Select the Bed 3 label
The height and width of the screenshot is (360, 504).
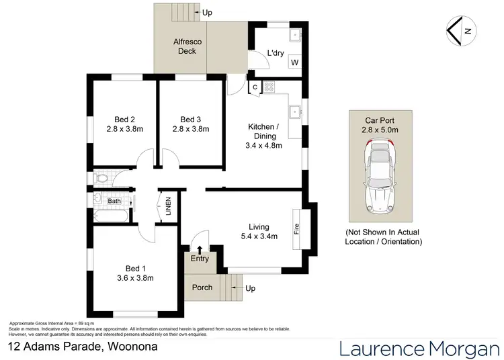(191, 120)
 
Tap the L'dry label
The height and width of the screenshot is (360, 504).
(276, 53)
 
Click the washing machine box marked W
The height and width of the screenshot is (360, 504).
(294, 63)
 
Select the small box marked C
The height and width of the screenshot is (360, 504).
(255, 87)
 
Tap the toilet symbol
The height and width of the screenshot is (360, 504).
(101, 179)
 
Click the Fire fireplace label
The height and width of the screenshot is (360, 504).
(296, 229)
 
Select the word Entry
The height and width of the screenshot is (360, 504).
(200, 259)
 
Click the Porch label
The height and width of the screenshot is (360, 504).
(202, 287)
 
